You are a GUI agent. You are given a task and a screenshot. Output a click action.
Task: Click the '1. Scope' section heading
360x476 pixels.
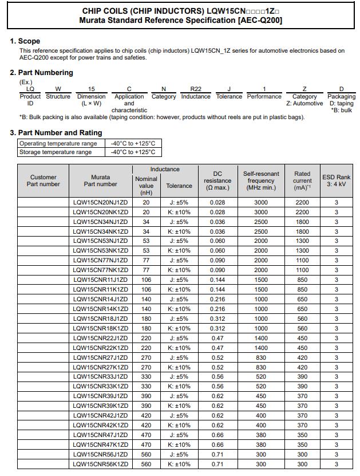point(25,41)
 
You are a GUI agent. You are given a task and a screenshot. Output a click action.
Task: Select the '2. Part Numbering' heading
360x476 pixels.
point(41,73)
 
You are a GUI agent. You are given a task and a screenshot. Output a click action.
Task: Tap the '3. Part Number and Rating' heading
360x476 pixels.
point(56,133)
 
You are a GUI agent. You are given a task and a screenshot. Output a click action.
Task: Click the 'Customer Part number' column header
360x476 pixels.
point(43,181)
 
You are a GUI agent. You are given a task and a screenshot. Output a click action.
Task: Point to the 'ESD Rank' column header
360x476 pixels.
point(336,181)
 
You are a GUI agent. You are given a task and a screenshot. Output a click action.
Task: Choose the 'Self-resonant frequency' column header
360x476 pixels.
point(261,181)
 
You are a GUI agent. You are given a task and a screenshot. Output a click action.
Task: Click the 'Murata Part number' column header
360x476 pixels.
point(100,181)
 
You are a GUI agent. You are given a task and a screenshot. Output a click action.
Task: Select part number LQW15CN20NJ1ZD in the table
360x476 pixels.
point(100,203)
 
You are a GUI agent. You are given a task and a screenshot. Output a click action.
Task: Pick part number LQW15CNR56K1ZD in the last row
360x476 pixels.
point(100,465)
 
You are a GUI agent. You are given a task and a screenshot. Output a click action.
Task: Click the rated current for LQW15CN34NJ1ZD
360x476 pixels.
point(302,222)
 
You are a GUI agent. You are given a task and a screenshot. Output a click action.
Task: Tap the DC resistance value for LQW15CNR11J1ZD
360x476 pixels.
point(217,280)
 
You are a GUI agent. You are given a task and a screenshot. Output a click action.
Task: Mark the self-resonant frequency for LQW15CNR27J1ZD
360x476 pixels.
point(261,358)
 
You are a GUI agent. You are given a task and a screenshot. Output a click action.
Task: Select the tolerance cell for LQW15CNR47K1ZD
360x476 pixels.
point(179,445)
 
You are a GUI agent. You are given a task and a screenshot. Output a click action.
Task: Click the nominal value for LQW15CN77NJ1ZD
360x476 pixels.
point(146,261)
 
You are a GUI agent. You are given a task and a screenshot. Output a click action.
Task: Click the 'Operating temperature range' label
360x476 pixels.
point(58,143)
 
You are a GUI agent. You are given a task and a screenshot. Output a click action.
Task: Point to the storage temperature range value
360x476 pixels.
point(133,152)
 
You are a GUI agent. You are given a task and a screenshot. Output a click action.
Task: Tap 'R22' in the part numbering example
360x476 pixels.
point(196,89)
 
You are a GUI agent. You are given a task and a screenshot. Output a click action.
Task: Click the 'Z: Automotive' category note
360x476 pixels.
point(304,104)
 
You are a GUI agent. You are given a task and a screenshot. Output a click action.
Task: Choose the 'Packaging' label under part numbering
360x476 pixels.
point(342,97)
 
